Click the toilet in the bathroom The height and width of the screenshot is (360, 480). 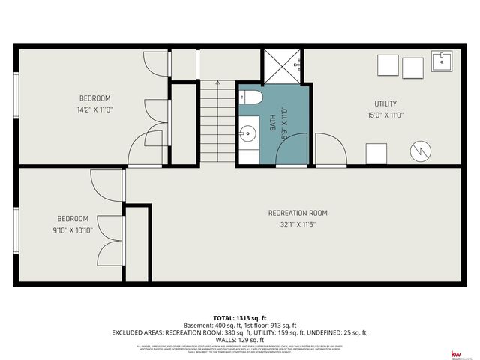(250, 97)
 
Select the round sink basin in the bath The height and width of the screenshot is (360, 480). (247, 135)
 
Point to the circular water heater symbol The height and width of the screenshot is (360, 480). (421, 150)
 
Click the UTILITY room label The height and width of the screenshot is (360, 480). (385, 103)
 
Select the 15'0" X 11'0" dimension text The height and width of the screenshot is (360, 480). (385, 115)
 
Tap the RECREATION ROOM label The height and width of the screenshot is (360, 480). (298, 213)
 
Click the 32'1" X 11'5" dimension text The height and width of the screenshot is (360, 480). (298, 224)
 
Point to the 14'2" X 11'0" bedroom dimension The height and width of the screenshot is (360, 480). (95, 109)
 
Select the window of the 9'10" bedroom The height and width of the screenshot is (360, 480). (16, 229)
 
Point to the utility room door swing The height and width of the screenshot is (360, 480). (330, 150)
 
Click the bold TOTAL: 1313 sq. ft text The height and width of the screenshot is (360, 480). (240, 316)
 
